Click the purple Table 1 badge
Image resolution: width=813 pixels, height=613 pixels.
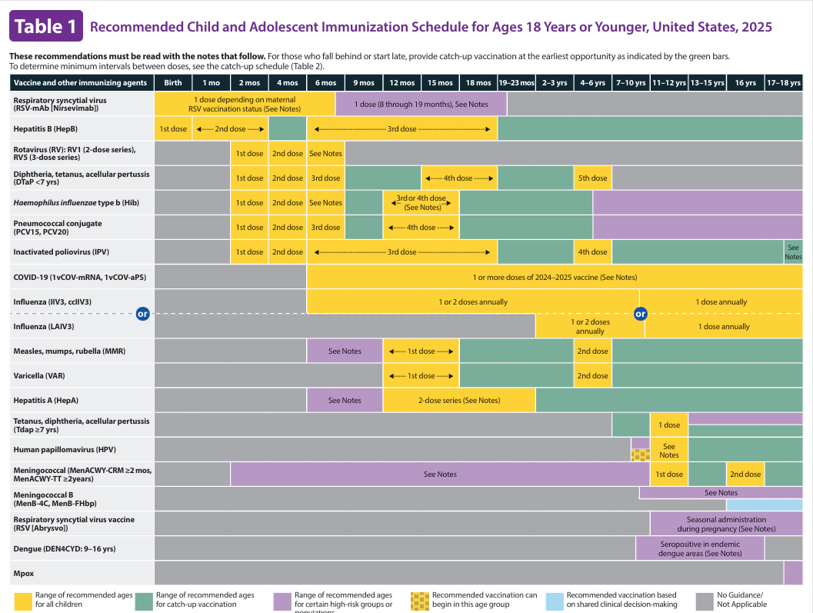[45, 26]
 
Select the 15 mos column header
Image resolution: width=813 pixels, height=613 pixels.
[440, 82]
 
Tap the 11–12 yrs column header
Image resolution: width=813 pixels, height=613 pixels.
[668, 82]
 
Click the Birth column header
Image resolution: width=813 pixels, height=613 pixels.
[173, 82]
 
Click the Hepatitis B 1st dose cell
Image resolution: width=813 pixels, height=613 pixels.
[173, 128]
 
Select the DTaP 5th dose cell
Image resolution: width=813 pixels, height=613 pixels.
[592, 178]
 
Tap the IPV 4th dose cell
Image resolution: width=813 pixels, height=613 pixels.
[592, 252]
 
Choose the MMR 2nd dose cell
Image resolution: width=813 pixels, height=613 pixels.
[592, 351]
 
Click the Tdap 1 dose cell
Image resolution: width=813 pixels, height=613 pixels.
[668, 425]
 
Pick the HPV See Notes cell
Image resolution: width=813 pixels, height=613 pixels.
[668, 450]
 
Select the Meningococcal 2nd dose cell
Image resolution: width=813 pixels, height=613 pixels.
[745, 474]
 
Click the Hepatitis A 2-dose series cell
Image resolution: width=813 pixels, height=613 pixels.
[458, 400]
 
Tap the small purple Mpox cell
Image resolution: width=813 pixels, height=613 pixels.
[793, 573]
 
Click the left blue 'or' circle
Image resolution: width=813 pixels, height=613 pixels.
[142, 314]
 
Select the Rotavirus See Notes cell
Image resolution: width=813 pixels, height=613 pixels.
[325, 153]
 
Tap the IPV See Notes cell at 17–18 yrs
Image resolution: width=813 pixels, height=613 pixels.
[793, 252]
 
